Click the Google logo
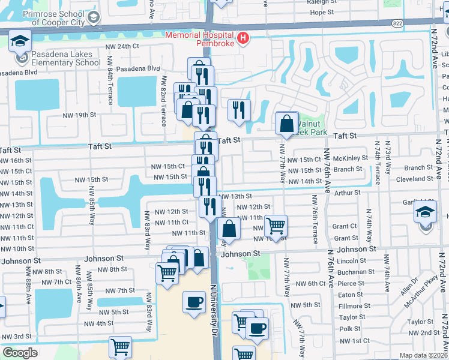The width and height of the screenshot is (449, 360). click(20, 352)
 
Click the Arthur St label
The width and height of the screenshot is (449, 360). click(347, 193)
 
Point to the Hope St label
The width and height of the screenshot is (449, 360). click(322, 12)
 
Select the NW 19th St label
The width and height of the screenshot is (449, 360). click(79, 115)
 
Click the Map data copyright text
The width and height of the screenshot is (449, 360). click(423, 355)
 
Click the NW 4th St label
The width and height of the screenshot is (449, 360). click(99, 323)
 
